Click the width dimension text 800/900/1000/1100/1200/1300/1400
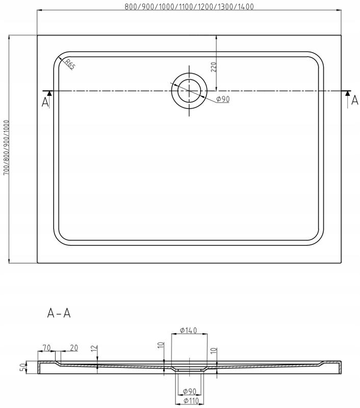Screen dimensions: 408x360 pyautogui.click(x=189, y=7)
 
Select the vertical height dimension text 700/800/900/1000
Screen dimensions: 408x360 pyautogui.click(x=6, y=148)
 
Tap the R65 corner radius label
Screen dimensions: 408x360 pyautogui.click(x=69, y=64)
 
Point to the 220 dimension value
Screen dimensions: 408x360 pyautogui.click(x=214, y=67)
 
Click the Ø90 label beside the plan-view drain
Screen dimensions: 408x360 pyautogui.click(x=223, y=99)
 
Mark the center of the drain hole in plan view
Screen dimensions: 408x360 pyautogui.click(x=189, y=91)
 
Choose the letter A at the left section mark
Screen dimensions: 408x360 pyautogui.click(x=45, y=103)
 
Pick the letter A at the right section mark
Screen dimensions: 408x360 pyautogui.click(x=355, y=101)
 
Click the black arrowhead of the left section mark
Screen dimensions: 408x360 pyautogui.click(x=48, y=93)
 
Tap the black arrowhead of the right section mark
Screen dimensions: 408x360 pyautogui.click(x=347, y=93)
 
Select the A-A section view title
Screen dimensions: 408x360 pyautogui.click(x=59, y=313)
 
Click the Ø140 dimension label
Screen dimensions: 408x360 pyautogui.click(x=189, y=330)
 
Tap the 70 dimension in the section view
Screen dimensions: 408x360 pyautogui.click(x=46, y=348)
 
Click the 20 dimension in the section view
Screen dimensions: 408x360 pyautogui.click(x=73, y=348)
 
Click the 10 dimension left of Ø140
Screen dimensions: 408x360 pyautogui.click(x=160, y=346)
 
